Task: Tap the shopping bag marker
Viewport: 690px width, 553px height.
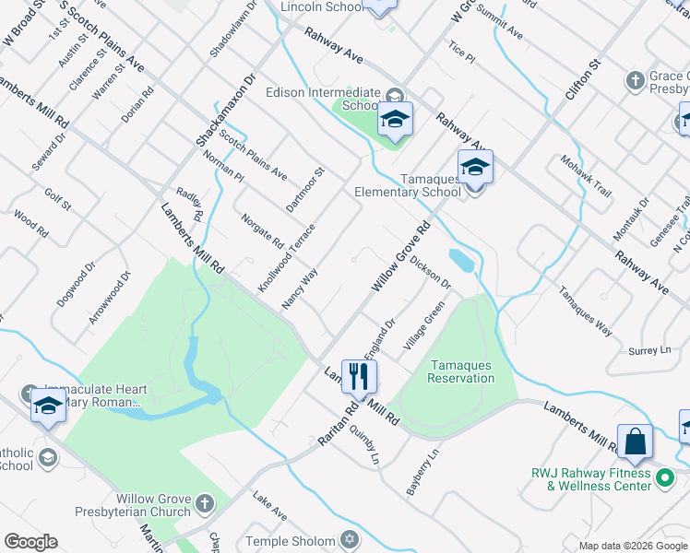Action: [x=636, y=441]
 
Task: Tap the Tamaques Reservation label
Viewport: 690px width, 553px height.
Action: [x=460, y=371]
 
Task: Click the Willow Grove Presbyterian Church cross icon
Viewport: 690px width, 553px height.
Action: [x=204, y=504]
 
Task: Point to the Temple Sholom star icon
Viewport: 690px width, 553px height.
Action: [x=348, y=538]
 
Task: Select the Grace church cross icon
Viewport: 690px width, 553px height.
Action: [x=635, y=81]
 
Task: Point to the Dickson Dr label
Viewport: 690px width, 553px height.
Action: [x=430, y=273]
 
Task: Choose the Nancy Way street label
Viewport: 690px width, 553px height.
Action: [x=300, y=288]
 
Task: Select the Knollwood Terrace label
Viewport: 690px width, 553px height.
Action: [x=286, y=258]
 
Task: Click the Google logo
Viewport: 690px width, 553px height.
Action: [x=30, y=542]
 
